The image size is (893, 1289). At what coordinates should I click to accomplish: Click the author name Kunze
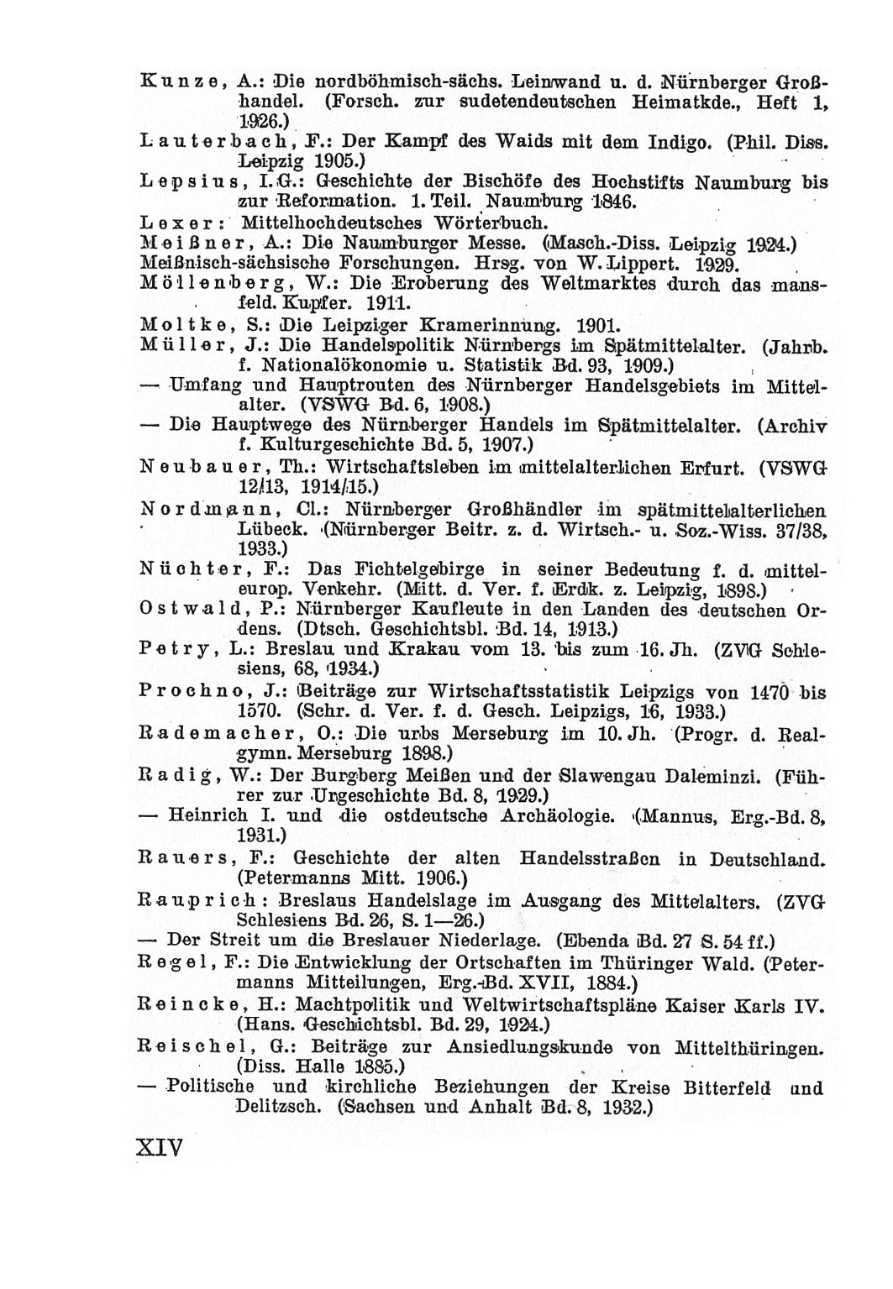click(173, 84)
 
